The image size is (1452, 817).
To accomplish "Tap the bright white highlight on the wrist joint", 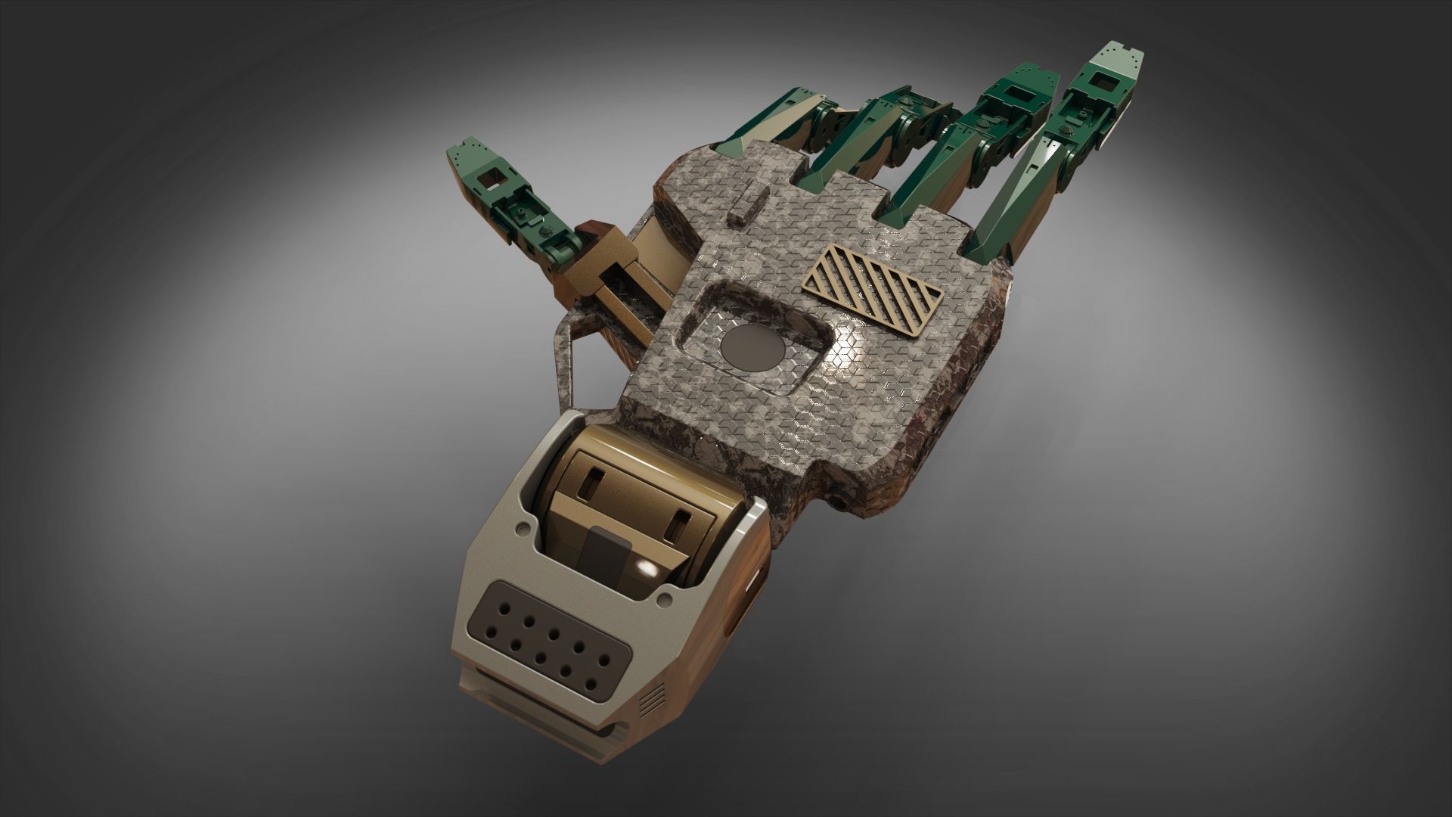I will pos(647,567).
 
